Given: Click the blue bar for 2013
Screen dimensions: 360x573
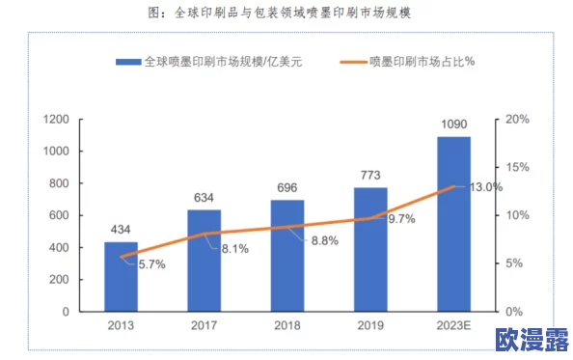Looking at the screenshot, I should point(121,277).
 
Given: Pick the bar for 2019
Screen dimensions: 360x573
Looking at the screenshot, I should point(370,249).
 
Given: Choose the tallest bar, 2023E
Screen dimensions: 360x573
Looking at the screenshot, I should point(453,224).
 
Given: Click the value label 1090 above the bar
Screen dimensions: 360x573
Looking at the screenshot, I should point(453,125).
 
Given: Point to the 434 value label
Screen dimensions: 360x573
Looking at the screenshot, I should point(121,230).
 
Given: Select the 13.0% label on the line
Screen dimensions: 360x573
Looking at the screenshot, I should point(485,187).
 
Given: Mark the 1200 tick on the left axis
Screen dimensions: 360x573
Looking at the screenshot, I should point(54,120).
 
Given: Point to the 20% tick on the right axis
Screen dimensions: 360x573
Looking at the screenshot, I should point(518,120).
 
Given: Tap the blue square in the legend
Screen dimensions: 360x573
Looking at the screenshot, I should point(128,62).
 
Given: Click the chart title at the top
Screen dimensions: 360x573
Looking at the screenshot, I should point(286,14).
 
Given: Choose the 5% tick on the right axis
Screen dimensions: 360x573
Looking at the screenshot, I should point(515,263).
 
